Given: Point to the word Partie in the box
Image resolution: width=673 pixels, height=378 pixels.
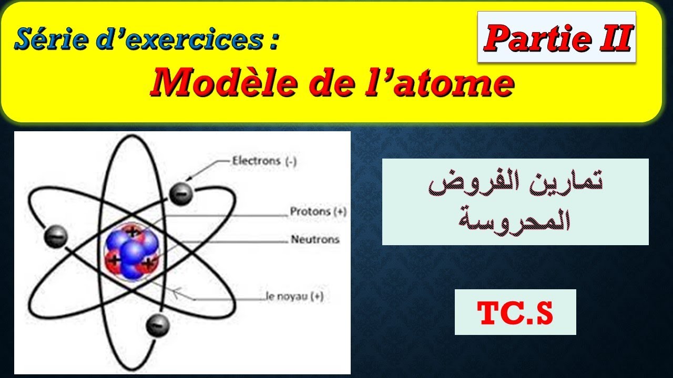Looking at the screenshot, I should point(532,38).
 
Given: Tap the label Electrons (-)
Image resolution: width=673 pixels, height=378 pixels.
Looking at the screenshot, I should point(264,161).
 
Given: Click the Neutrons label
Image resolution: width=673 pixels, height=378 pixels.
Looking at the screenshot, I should point(315,240).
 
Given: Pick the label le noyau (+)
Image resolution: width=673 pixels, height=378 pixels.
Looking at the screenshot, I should point(294,297).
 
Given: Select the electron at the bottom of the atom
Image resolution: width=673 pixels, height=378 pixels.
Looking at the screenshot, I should point(158,325).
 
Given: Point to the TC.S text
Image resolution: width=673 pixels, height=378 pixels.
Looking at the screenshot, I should point(515,312).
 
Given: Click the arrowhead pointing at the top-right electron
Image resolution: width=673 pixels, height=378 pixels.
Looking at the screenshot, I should point(189,184).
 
